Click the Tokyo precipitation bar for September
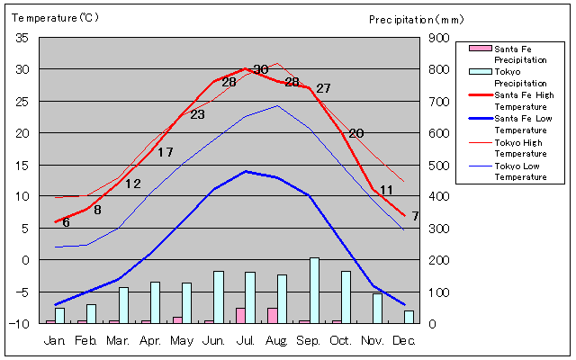pos(314,291)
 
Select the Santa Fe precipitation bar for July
pos(240,316)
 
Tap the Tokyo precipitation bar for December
pos(409,317)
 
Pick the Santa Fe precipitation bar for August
pos(272,316)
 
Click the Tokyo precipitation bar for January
pos(60,316)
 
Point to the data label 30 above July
pos(261,69)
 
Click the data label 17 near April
pos(166,152)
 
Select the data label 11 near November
pos(386,190)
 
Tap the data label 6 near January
pos(66,222)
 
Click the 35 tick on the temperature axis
pos(22,38)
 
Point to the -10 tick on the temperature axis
pos(19,324)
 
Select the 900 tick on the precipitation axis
pos(439,38)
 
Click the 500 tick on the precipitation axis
pos(439,166)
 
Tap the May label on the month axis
pos(182,341)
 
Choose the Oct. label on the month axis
pos(340,341)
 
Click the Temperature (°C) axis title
pos(55,18)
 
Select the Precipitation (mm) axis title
pos(416,20)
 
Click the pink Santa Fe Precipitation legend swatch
pos(480,48)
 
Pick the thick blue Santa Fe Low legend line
pos(481,118)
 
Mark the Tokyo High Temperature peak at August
pos(277,63)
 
